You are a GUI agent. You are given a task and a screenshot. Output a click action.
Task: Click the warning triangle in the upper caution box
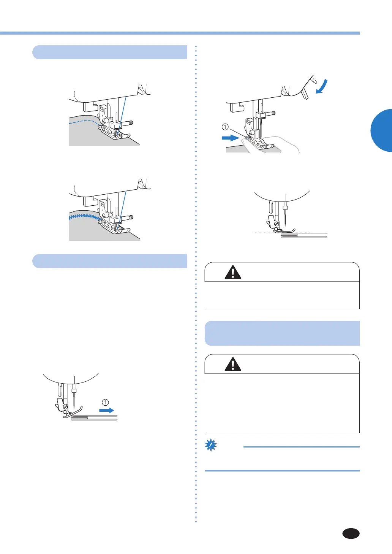(233, 272)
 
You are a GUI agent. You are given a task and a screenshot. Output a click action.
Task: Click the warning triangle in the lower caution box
(233, 364)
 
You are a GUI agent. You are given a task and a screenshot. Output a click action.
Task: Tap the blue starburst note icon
(211, 445)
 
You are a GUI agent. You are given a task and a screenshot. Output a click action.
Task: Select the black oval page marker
(351, 533)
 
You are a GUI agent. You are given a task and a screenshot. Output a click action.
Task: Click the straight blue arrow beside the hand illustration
(230, 138)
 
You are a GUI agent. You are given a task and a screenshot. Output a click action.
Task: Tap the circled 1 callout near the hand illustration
(225, 127)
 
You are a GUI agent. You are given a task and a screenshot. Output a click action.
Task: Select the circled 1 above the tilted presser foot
(106, 402)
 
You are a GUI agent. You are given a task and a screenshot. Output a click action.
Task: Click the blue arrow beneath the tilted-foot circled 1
(106, 410)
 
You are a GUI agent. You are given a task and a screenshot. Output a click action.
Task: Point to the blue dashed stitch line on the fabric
(84, 121)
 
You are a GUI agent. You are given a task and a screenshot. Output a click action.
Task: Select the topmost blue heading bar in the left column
(110, 52)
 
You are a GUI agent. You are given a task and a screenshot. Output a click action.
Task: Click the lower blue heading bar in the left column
(110, 261)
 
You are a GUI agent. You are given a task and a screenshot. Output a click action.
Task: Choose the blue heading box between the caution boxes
(282, 333)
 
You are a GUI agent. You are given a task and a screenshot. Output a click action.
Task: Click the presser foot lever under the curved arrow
(305, 93)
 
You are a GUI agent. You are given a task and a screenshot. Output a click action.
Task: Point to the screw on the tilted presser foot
(65, 407)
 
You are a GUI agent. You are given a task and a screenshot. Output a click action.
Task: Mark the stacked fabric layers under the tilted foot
(94, 417)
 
